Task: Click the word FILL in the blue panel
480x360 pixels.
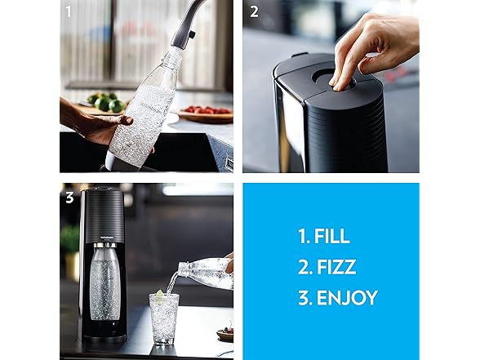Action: pyautogui.click(x=331, y=236)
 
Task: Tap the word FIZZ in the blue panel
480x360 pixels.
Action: pyautogui.click(x=336, y=267)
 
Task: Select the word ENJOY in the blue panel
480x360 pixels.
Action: pyautogui.click(x=347, y=298)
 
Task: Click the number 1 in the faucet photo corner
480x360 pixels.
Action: pyautogui.click(x=69, y=11)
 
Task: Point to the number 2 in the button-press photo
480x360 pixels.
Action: pyautogui.click(x=254, y=11)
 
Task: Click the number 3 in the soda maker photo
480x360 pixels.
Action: pyautogui.click(x=70, y=198)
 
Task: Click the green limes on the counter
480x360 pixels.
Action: pyautogui.click(x=104, y=103)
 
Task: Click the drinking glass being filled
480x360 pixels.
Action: pyautogui.click(x=164, y=318)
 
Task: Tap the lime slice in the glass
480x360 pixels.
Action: pyautogui.click(x=160, y=295)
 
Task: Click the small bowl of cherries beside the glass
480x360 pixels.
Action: pyautogui.click(x=225, y=334)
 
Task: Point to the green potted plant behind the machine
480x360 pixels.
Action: pyautogui.click(x=70, y=238)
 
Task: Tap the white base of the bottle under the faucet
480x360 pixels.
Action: pyautogui.click(x=110, y=160)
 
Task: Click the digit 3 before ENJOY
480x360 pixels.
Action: pyautogui.click(x=304, y=298)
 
